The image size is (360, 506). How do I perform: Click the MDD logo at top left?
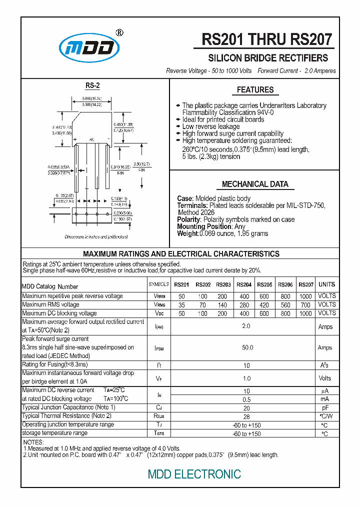pyautogui.click(x=89, y=47)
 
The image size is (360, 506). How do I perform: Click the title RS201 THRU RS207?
pyautogui.click(x=266, y=39)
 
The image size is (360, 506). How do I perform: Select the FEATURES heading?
pyautogui.click(x=255, y=90)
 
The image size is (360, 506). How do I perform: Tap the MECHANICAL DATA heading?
pyautogui.click(x=255, y=184)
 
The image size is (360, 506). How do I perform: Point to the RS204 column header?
pyautogui.click(x=244, y=284)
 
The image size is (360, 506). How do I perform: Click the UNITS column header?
pyautogui.click(x=326, y=284)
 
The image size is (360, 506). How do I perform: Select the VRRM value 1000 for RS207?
pyautogui.click(x=305, y=296)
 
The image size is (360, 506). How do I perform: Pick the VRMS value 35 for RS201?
pyautogui.click(x=181, y=305)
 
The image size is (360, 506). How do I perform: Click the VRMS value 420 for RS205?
pyautogui.click(x=264, y=305)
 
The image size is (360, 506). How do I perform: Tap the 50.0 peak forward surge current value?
pyautogui.click(x=247, y=347)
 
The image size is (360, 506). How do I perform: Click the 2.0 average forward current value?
pyautogui.click(x=246, y=326)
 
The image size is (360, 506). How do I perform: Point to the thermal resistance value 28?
pyautogui.click(x=246, y=416)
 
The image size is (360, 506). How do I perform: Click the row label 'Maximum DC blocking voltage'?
pyautogui.click(x=59, y=313)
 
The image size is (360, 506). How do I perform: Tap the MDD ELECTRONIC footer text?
pyautogui.click(x=194, y=474)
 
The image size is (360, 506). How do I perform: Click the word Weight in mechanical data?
pyautogui.click(x=187, y=233)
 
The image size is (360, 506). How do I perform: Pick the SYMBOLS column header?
pyautogui.click(x=159, y=284)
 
